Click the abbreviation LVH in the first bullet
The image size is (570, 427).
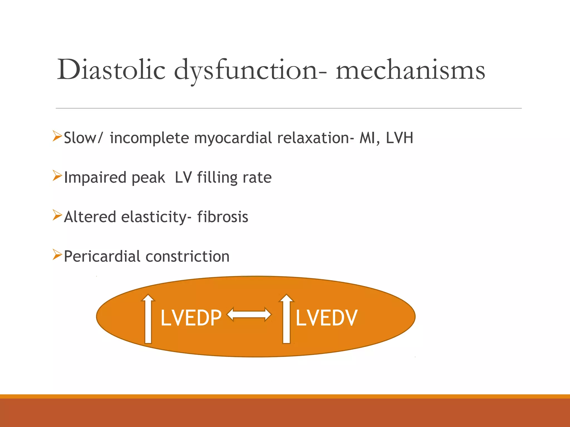399,138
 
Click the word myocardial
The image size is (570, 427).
233,138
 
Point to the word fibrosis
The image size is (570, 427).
223,217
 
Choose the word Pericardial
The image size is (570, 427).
102,256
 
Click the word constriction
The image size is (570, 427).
188,256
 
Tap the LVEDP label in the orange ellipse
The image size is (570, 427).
191,318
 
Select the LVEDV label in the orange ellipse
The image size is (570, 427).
326,318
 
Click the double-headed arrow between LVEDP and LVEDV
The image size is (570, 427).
249,315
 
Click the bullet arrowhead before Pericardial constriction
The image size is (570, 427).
57,255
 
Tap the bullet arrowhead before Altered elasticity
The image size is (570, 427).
57,215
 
